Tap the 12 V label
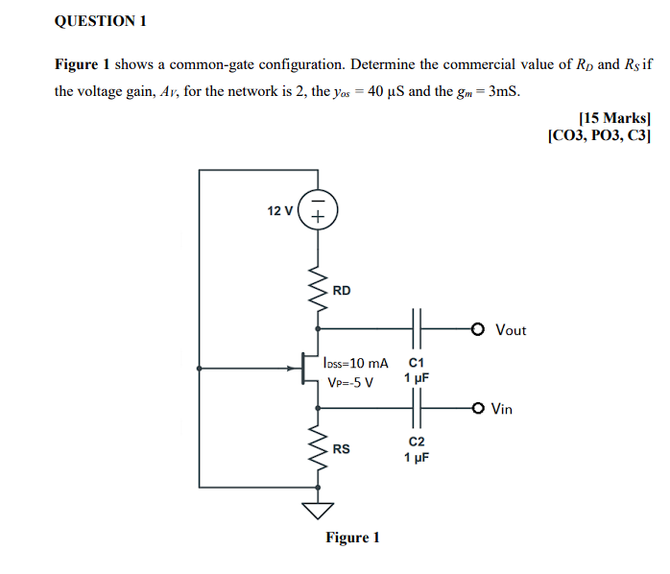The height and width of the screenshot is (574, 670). [280, 210]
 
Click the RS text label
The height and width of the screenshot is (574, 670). [342, 449]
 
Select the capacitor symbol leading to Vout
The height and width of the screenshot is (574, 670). [416, 329]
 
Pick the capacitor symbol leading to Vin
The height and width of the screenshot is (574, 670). [416, 408]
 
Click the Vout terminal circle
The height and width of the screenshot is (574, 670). [479, 329]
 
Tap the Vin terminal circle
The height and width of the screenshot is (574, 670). [479, 408]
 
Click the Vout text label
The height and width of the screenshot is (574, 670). [511, 330]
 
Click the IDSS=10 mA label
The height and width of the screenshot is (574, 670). [356, 363]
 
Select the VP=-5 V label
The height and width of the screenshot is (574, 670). [350, 382]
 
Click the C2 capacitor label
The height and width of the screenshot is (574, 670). [417, 442]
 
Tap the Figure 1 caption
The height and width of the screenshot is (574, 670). [352, 538]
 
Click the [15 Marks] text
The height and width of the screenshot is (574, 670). [615, 118]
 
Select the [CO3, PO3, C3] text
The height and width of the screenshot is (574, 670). [599, 136]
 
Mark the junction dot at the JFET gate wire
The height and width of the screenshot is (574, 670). [200, 369]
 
